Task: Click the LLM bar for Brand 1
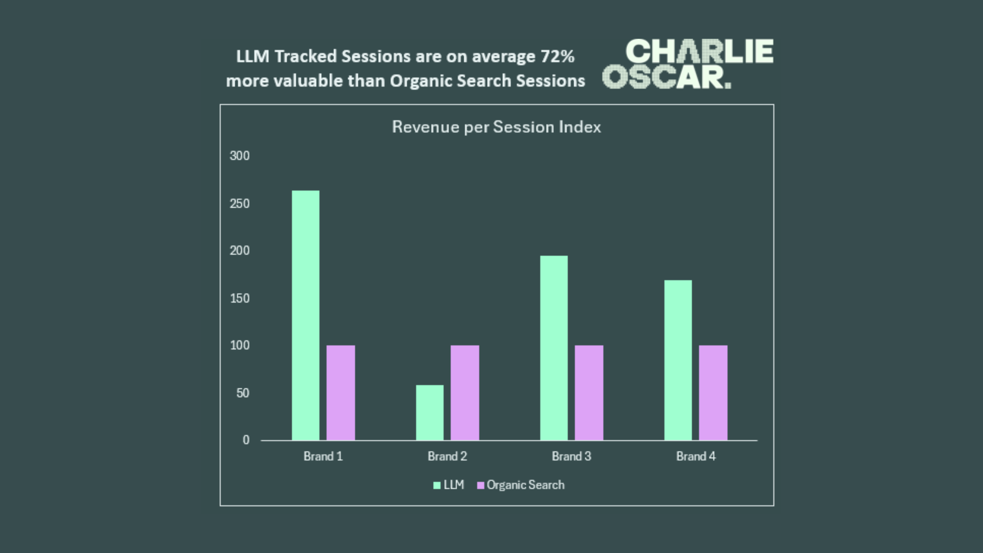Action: click(x=306, y=315)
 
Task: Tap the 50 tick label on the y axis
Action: click(x=243, y=393)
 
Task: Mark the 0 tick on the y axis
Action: click(x=246, y=440)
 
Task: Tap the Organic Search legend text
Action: click(x=525, y=485)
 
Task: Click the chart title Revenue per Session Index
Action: click(x=496, y=127)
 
